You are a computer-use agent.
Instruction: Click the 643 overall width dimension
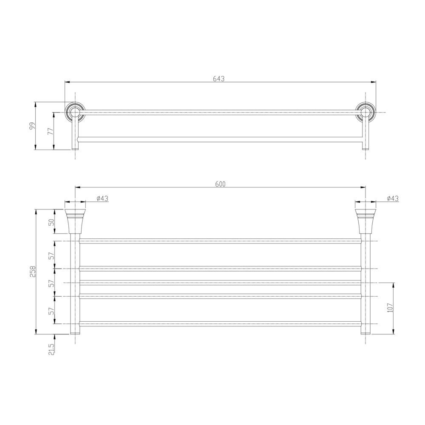click(219, 79)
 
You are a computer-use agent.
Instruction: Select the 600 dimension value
click(220, 184)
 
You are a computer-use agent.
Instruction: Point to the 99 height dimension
click(32, 126)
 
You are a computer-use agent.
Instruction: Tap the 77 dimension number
click(51, 131)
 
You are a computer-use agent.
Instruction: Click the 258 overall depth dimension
click(33, 272)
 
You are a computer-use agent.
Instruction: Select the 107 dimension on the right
click(390, 308)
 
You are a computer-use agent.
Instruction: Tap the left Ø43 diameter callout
click(102, 198)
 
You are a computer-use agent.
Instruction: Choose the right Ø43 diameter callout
click(393, 198)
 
